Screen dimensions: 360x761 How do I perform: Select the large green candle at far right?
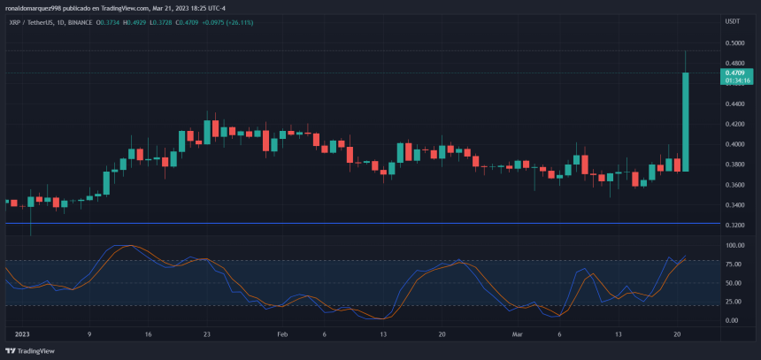click(x=686, y=121)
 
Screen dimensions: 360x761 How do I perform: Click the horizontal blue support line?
click(x=354, y=223)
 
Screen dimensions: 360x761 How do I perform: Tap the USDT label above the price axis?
click(x=733, y=20)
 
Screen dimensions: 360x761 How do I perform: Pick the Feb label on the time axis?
click(x=282, y=335)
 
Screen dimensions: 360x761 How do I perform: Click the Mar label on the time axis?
click(x=519, y=335)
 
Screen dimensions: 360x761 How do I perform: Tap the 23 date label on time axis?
click(x=206, y=335)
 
